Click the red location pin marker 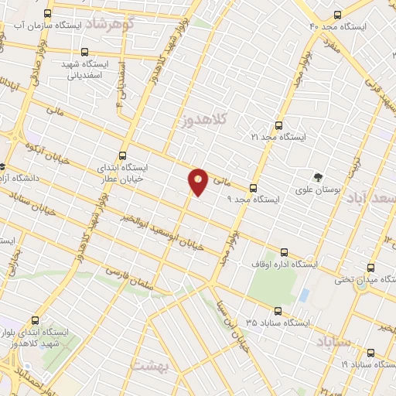tap(198, 182)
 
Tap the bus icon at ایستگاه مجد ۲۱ tap(278, 125)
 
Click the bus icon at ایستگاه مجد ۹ tap(253, 188)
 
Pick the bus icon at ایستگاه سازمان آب tap(48, 15)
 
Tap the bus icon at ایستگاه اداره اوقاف tap(284, 252)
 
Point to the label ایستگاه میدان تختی tap(364, 279)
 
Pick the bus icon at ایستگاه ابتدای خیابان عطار tap(121, 155)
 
